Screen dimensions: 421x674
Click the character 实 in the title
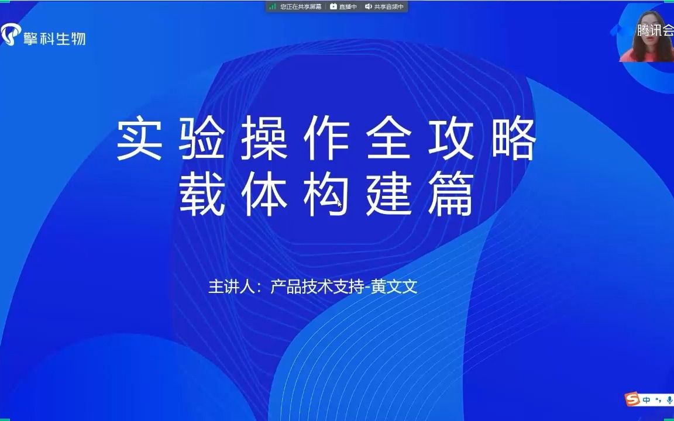(139, 140)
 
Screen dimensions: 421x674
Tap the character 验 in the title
(201, 140)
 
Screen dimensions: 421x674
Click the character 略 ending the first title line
(513, 140)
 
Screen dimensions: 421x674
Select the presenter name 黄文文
(397, 287)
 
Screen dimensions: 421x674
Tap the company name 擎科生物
(54, 38)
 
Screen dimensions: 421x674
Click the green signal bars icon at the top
(273, 6)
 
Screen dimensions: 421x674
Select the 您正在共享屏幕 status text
(301, 6)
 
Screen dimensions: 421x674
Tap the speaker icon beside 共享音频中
(369, 6)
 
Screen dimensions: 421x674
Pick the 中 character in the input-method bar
(647, 401)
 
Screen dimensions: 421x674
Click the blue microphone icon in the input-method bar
(669, 401)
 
